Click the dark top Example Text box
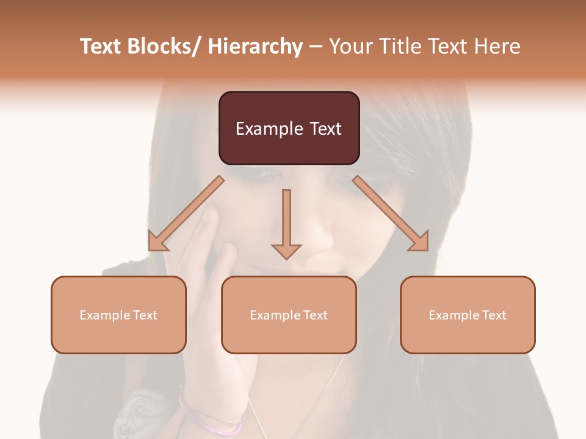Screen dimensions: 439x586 pyautogui.click(x=289, y=128)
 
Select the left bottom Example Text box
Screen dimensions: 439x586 pyautogui.click(x=118, y=315)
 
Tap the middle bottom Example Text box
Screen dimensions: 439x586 pyautogui.click(x=289, y=315)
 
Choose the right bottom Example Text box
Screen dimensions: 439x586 pyautogui.click(x=468, y=315)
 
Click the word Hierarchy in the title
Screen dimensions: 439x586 pyautogui.click(x=255, y=46)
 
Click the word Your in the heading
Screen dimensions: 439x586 pyautogui.click(x=350, y=46)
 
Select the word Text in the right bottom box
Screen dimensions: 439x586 pyautogui.click(x=493, y=315)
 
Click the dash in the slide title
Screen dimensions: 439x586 pyautogui.click(x=316, y=48)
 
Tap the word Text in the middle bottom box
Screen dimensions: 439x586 pyautogui.click(x=314, y=315)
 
